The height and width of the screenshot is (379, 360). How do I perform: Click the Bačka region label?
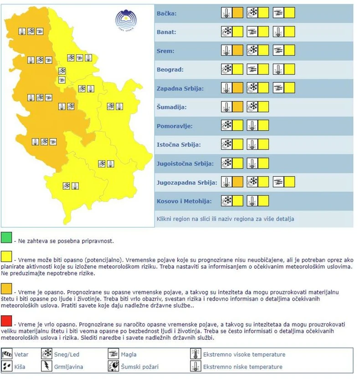(166, 13)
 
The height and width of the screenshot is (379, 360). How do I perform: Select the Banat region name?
(166, 32)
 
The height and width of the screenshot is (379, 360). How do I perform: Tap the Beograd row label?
(170, 70)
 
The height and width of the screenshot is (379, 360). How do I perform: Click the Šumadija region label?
(171, 108)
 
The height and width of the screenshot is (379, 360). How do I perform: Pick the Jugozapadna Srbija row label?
(186, 182)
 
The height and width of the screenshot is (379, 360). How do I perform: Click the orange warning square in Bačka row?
(237, 13)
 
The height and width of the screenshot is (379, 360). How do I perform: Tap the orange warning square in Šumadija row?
(237, 107)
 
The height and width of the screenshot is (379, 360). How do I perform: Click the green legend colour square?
(7, 237)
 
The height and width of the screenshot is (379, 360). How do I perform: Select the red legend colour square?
(7, 321)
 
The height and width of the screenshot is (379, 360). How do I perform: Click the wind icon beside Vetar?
(7, 354)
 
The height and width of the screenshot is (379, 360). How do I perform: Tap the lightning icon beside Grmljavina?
(46, 366)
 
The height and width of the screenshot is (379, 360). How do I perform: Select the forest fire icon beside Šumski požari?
(113, 366)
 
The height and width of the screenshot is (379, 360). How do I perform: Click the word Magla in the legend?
(129, 354)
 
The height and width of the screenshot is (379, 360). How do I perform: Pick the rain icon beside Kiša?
(7, 366)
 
